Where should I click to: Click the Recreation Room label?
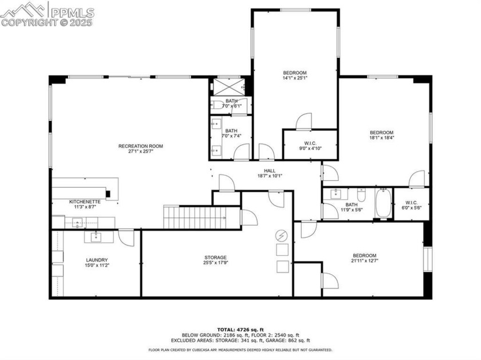coord(140,146)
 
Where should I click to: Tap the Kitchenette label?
coord(85,202)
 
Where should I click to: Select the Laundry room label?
coord(97,260)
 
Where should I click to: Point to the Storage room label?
coord(216,258)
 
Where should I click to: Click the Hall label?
coord(270,171)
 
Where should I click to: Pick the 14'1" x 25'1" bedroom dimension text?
coord(295,78)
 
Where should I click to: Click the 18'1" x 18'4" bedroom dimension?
coord(381,138)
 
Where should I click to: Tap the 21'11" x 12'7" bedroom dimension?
coord(364,260)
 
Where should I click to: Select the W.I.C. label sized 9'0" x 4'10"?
coord(310,143)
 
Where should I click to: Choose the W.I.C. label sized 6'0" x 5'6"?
coord(411,203)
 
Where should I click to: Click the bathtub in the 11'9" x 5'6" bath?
coord(384,203)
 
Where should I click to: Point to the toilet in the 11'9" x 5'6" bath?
coord(361,195)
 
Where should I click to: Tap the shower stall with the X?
coord(228,87)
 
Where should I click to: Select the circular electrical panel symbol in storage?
coord(282,236)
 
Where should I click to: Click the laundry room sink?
coord(96,236)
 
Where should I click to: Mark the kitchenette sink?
coord(78,222)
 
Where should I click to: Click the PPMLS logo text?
coord(72,13)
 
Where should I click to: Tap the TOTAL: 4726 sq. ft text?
coord(240,330)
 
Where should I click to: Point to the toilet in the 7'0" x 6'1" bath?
coord(218,105)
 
